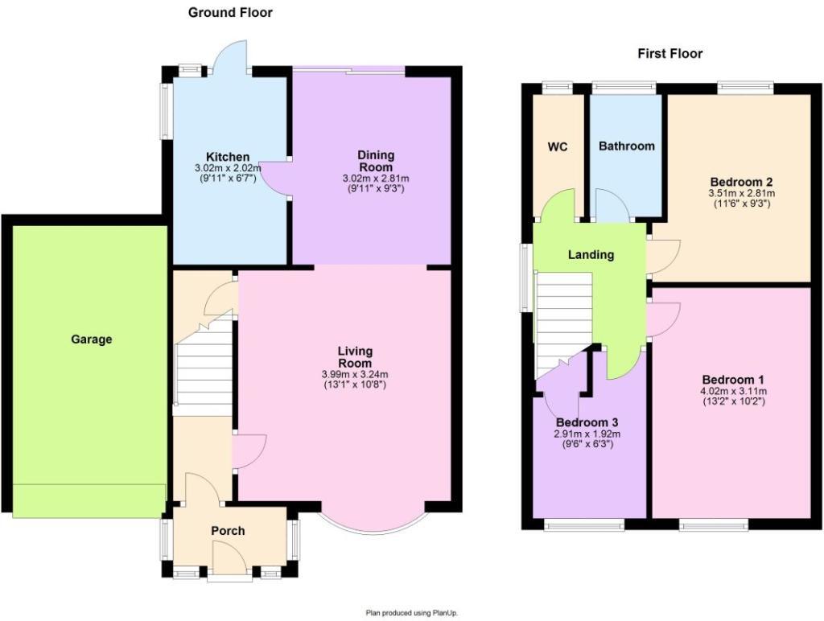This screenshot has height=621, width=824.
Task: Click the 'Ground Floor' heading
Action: [x=230, y=13]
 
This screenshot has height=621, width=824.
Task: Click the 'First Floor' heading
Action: [x=669, y=54]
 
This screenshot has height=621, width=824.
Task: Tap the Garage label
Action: [x=91, y=339]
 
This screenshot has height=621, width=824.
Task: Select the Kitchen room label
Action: [x=228, y=156]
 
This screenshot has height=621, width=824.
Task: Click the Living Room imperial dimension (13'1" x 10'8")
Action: [x=355, y=385]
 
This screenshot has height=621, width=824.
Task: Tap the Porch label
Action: [x=228, y=531]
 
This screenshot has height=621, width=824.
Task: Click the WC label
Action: [x=558, y=147]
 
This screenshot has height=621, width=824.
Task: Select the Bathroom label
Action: [x=627, y=146]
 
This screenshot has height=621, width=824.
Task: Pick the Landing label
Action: [x=591, y=255]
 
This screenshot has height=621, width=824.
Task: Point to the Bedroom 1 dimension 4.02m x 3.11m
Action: [x=733, y=392]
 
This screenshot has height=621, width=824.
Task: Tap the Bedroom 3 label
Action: [x=587, y=422]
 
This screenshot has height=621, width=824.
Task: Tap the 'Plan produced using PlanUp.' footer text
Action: [x=411, y=613]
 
